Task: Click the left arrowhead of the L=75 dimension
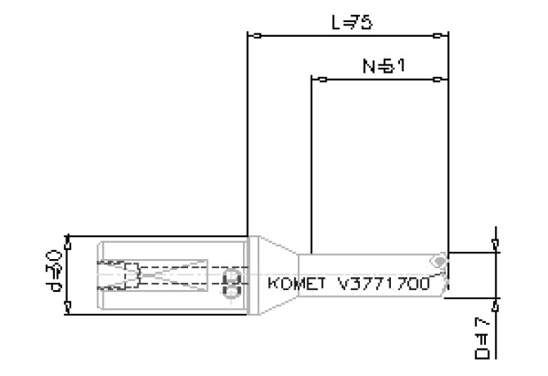click(256, 36)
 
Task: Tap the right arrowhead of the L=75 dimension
click(439, 36)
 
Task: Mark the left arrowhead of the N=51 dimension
click(321, 79)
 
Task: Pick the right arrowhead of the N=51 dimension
click(439, 79)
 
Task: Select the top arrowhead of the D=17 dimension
click(495, 244)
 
